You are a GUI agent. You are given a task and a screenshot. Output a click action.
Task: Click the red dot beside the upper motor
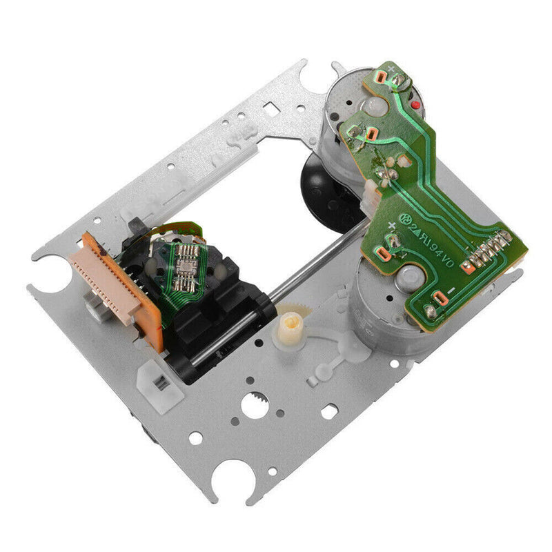[416, 104]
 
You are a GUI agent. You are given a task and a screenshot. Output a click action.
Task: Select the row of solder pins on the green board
[489, 252]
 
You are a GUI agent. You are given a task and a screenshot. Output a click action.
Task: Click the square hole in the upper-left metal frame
[273, 108]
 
